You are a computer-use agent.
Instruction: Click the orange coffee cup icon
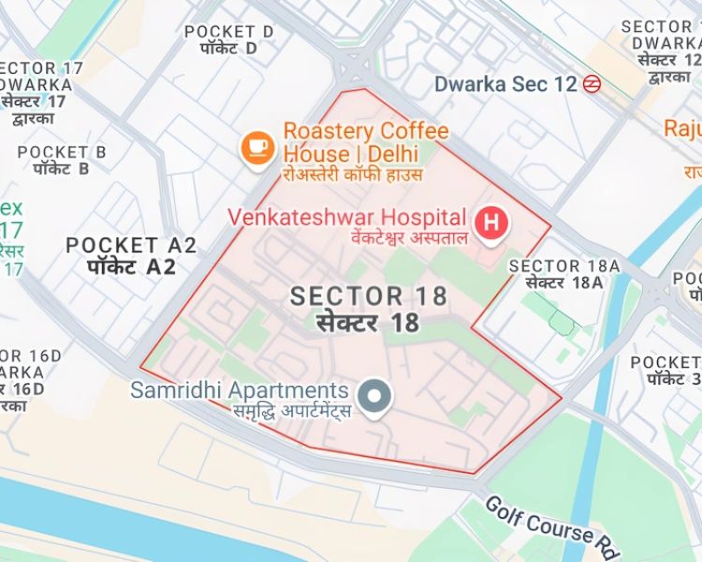(x=256, y=148)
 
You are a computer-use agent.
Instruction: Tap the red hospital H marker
(x=490, y=223)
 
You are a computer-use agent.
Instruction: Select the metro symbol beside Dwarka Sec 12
(x=591, y=84)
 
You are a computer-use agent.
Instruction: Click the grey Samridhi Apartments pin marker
(x=375, y=396)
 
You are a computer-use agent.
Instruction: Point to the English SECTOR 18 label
(x=368, y=296)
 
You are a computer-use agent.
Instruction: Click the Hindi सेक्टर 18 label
(x=368, y=323)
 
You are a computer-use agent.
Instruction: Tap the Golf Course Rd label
(x=540, y=521)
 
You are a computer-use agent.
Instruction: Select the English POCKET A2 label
(x=131, y=245)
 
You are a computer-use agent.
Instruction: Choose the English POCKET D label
(x=229, y=32)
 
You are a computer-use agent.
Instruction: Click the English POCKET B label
(x=62, y=152)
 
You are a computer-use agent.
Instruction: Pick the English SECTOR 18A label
(x=564, y=266)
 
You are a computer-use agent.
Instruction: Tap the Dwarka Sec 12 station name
(x=505, y=84)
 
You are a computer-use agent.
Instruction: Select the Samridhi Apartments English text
(x=240, y=390)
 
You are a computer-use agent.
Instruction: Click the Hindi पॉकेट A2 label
(x=131, y=267)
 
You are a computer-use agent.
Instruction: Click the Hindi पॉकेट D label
(x=229, y=49)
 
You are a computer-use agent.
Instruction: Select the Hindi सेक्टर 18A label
(x=564, y=283)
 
